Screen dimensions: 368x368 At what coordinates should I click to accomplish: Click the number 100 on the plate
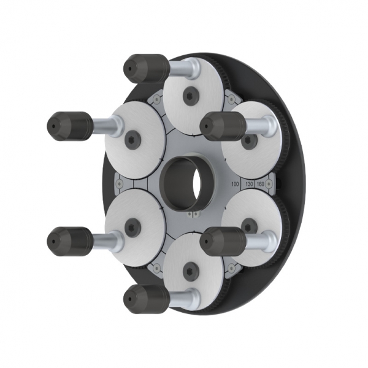(234, 183)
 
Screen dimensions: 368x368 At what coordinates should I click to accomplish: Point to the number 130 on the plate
(248, 183)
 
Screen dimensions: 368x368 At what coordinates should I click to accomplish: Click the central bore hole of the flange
(183, 182)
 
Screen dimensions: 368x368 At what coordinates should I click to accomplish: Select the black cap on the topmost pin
(146, 68)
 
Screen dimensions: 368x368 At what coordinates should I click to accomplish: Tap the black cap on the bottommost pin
(146, 299)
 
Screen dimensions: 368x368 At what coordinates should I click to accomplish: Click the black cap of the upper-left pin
(69, 126)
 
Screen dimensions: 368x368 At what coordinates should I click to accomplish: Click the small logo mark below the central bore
(193, 215)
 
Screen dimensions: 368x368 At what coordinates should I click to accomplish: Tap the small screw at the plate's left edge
(118, 183)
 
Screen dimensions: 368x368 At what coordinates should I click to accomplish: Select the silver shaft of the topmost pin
(182, 69)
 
